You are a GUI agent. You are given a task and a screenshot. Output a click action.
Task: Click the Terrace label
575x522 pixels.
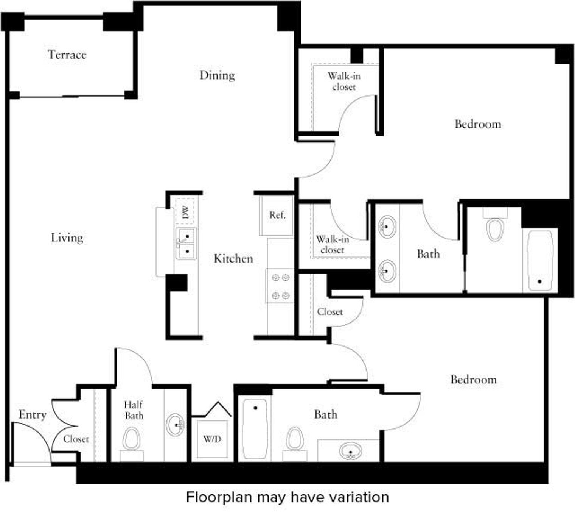[x=67, y=55]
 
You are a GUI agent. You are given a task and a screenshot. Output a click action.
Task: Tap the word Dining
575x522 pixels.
[x=217, y=75]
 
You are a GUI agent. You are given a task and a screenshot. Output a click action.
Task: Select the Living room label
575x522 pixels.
[x=67, y=238]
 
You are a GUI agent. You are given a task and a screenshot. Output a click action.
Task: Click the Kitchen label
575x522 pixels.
[x=233, y=259]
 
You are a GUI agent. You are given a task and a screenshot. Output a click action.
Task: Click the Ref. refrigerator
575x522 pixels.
[x=277, y=215]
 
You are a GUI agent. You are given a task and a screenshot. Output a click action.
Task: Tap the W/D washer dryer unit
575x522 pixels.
[x=212, y=439]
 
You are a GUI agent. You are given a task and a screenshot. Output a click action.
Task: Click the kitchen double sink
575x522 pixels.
[x=186, y=244]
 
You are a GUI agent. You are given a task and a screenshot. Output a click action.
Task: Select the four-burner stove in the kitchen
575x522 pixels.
[x=280, y=286]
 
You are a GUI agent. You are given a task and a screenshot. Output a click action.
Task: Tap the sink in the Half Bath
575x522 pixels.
[x=175, y=424]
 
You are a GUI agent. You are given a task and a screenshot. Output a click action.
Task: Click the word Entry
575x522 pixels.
[x=33, y=415]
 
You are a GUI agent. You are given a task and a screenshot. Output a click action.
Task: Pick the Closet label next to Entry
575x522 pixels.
[x=76, y=439]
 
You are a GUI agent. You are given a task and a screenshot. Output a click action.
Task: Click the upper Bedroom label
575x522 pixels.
[x=478, y=124]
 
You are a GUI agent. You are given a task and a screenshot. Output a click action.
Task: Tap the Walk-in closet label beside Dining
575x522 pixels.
[x=344, y=81]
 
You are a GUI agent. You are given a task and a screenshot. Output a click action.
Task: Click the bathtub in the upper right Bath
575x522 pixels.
[x=540, y=260]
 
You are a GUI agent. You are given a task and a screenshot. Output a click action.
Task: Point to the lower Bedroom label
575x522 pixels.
[x=473, y=380]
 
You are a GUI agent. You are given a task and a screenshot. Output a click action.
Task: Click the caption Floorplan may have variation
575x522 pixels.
[x=287, y=497]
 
